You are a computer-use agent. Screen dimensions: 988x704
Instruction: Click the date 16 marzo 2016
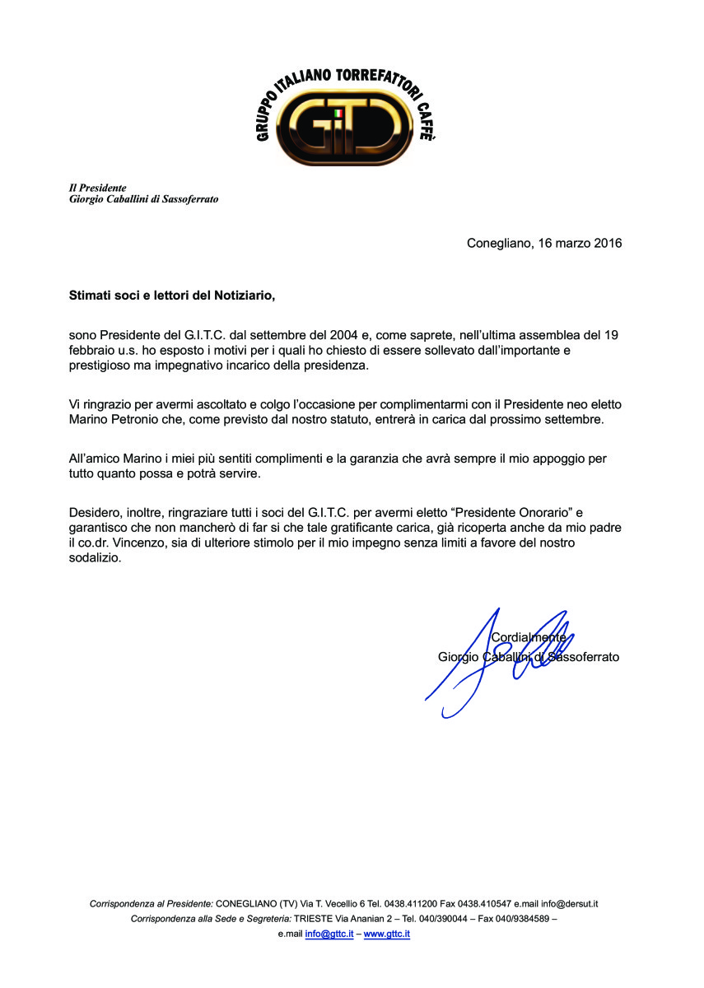pos(580,243)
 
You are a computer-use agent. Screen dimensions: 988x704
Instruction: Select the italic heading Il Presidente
pos(97,188)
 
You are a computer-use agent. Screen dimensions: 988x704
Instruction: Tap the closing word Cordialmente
pos(529,636)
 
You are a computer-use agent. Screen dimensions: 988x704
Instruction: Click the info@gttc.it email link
pos(329,934)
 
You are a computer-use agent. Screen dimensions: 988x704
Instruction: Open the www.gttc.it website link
pos(387,934)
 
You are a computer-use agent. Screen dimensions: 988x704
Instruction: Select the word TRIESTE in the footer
pos(318,919)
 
